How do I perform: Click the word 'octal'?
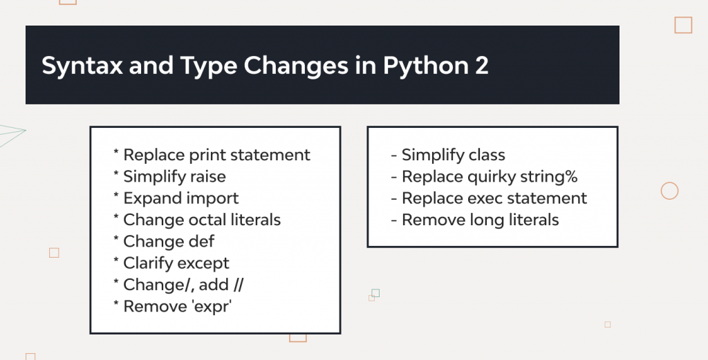coord(207,220)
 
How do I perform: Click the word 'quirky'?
coord(495,176)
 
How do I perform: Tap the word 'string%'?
coord(552,176)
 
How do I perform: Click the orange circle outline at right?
coord(669,191)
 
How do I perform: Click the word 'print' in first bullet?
coord(209,155)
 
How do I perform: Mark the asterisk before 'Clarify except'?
coord(115,263)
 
